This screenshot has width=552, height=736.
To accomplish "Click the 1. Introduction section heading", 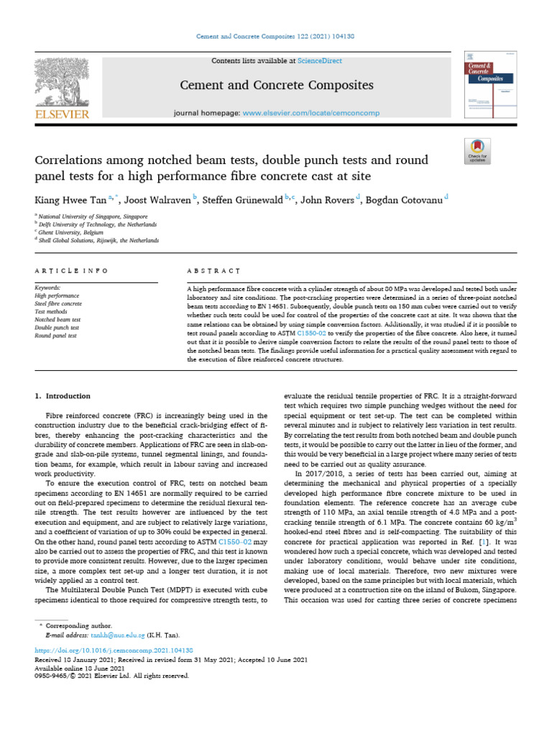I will coord(63,396).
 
